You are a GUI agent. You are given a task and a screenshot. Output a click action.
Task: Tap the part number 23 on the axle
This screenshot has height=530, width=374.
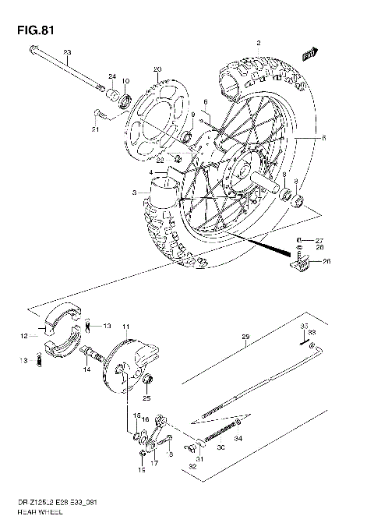pos(67,52)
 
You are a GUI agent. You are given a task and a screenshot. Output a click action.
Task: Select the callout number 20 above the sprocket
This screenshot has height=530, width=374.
pos(157,69)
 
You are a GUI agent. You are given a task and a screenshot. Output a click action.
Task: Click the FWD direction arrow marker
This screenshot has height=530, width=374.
pos(311,53)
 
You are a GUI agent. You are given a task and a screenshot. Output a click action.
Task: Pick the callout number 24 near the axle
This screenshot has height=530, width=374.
pos(112,76)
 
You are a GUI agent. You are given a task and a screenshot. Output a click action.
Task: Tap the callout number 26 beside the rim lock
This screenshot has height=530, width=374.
pos(326,261)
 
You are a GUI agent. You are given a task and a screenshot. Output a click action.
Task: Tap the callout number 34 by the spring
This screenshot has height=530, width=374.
pos(238,441)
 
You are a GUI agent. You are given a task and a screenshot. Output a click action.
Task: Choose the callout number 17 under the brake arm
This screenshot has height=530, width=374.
pos(154,462)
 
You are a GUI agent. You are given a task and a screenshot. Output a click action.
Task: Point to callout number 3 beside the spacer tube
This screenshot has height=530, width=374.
pos(135,192)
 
